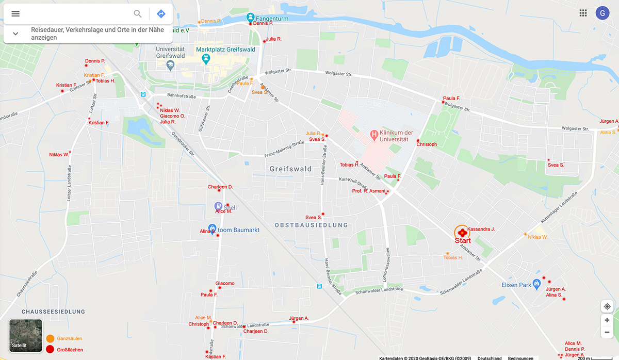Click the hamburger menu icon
pyautogui.click(x=15, y=14)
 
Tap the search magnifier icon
pyautogui.click(x=138, y=14)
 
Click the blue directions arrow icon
pyautogui.click(x=161, y=14)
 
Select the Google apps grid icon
pyautogui.click(x=583, y=13)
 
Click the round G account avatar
pyautogui.click(x=602, y=13)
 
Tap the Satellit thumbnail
pyautogui.click(x=26, y=336)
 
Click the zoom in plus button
pyautogui.click(x=607, y=320)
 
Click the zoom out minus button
pyautogui.click(x=607, y=333)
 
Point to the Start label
pyautogui.click(x=463, y=241)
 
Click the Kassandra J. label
pyautogui.click(x=481, y=229)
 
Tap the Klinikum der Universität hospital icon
pyautogui.click(x=374, y=136)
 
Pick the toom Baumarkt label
pyautogui.click(x=239, y=230)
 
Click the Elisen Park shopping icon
pyautogui.click(x=536, y=283)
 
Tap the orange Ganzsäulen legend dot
pyautogui.click(x=50, y=339)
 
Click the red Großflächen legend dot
pyautogui.click(x=50, y=349)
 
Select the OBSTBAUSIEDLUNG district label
pyautogui.click(x=311, y=225)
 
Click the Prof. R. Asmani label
pyautogui.click(x=368, y=191)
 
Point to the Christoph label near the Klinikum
pyautogui.click(x=427, y=144)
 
